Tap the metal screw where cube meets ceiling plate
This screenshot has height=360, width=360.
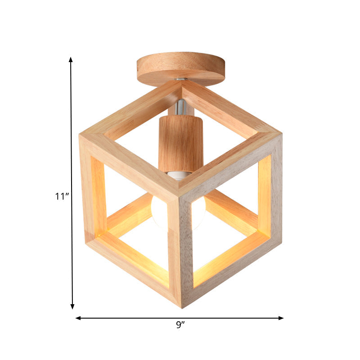click(181, 80)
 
